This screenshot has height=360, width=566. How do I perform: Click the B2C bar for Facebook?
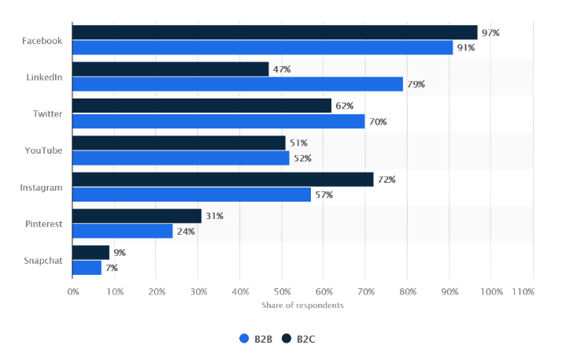tap(275, 32)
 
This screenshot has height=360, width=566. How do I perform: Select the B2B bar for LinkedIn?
tap(237, 84)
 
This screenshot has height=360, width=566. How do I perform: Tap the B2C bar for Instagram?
tap(223, 180)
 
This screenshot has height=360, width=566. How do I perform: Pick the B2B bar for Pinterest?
tap(122, 231)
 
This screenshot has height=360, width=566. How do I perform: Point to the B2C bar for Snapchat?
tap(91, 253)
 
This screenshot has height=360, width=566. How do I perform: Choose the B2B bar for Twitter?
tap(218, 121)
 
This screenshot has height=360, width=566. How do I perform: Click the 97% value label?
tap(491, 32)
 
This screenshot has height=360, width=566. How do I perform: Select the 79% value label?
tap(416, 84)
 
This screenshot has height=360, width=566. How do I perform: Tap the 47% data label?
tap(281, 69)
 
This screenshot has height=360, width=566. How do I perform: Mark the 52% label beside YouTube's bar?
tap(302, 158)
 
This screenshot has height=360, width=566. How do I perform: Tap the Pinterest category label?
tap(44, 224)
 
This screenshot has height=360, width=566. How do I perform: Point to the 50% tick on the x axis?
tap(282, 292)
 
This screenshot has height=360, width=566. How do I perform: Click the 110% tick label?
tap(523, 292)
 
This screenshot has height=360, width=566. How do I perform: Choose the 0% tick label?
tap(73, 292)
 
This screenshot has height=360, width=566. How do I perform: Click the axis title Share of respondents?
tap(302, 305)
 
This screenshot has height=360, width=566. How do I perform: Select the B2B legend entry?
tap(257, 339)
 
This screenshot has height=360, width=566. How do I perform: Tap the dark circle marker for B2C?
tap(287, 339)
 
